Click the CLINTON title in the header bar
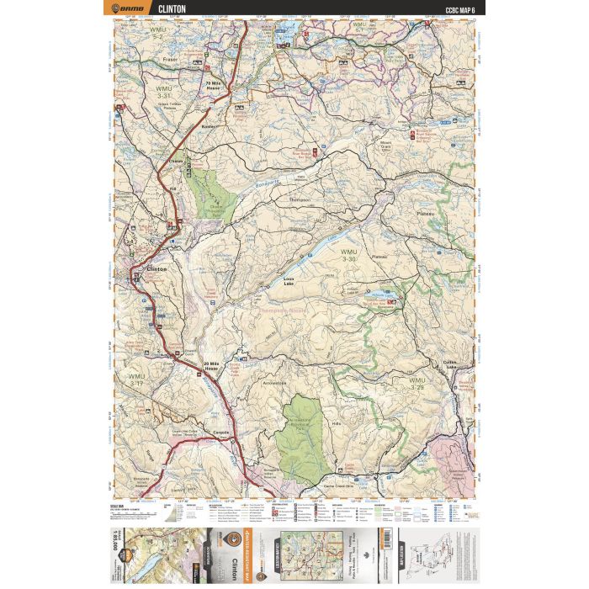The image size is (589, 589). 173,9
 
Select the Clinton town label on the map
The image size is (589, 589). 157,268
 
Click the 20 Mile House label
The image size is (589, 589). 216,365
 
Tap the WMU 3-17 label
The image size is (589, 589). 137,379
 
